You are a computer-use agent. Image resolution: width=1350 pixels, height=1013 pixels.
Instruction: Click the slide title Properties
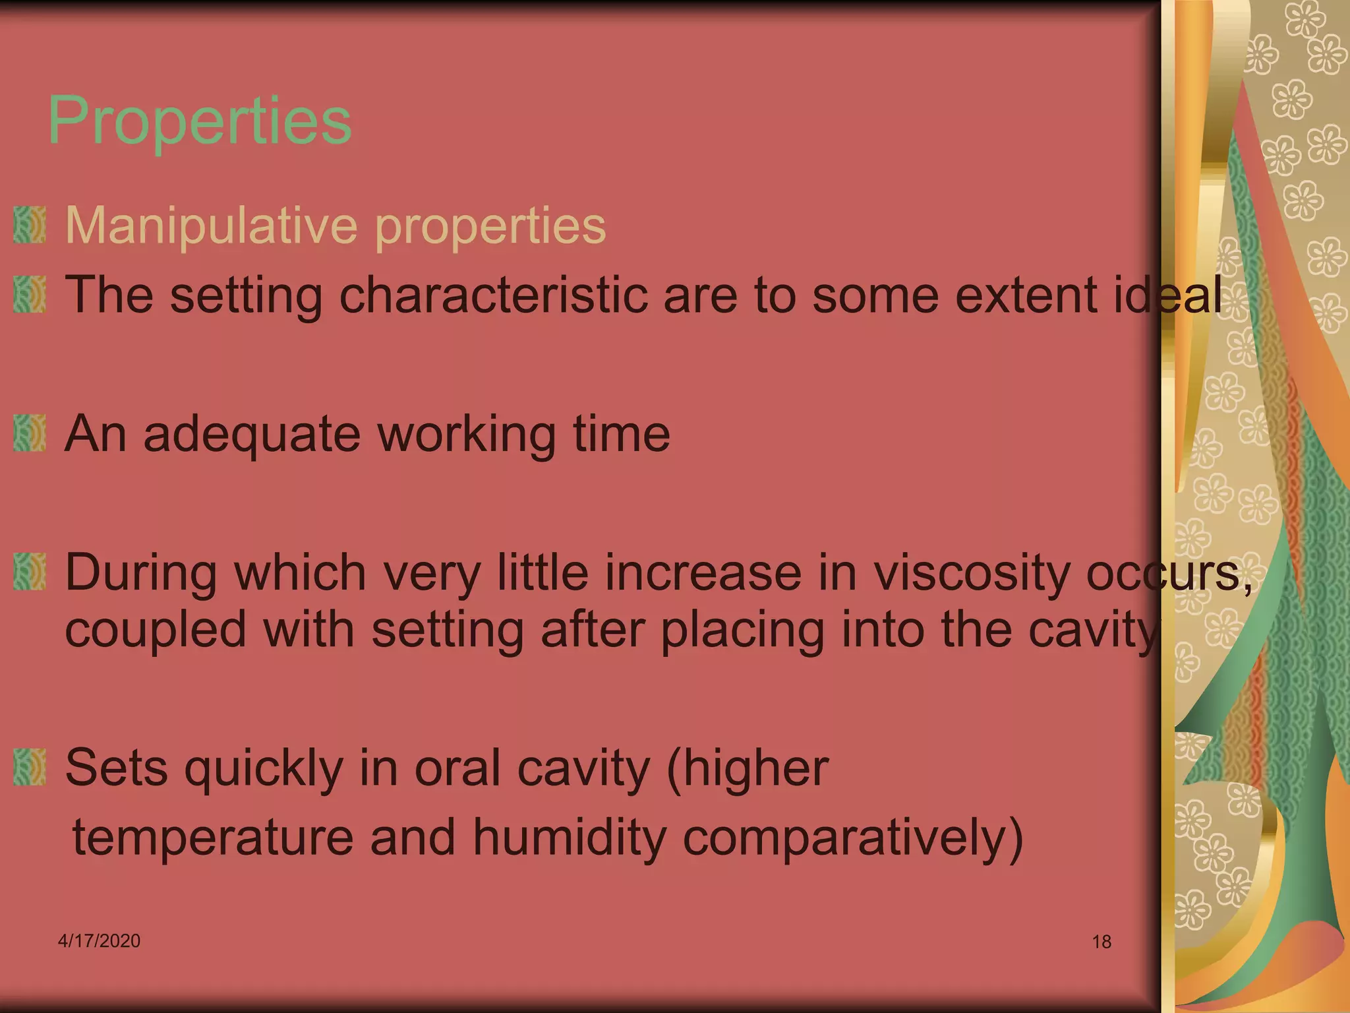(x=200, y=121)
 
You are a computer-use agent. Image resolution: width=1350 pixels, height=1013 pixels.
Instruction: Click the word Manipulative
(x=211, y=226)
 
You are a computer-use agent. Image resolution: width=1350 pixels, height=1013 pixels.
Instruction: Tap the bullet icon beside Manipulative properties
(x=30, y=225)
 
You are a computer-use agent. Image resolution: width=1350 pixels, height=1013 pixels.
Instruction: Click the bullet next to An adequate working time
(x=30, y=433)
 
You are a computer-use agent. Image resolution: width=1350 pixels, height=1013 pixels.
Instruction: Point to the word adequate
(x=252, y=435)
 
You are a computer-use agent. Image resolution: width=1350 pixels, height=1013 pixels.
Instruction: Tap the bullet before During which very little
(x=30, y=571)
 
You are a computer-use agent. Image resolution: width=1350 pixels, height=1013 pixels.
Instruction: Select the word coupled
(x=156, y=630)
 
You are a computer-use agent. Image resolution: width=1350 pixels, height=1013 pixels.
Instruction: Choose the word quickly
(x=264, y=769)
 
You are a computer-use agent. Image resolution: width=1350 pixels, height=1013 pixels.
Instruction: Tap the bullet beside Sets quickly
(x=30, y=768)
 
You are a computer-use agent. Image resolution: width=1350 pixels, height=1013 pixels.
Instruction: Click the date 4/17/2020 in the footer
(x=99, y=940)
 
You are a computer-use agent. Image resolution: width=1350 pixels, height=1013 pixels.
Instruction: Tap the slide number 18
(x=1101, y=942)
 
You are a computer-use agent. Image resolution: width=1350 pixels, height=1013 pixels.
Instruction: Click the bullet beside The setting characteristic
(x=30, y=294)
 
